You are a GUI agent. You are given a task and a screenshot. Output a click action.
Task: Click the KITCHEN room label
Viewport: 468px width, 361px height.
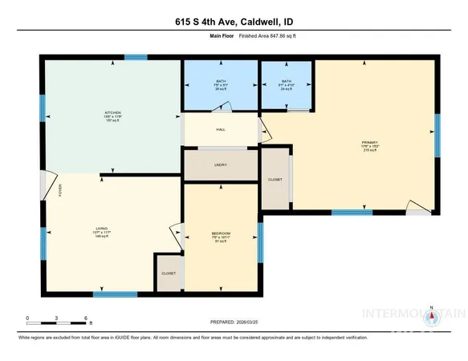click(112, 113)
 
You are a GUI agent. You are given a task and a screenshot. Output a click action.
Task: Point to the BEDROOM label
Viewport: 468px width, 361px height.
click(222, 233)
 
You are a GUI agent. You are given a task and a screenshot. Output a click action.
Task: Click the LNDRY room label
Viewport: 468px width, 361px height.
click(221, 165)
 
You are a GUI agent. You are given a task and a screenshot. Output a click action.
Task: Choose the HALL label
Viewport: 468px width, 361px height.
click(220, 129)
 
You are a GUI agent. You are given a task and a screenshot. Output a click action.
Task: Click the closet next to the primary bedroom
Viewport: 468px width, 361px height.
click(275, 180)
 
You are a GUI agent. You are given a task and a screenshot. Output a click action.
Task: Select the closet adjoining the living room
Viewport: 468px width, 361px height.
click(169, 273)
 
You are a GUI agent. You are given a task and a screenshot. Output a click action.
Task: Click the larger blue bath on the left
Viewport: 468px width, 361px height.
click(219, 84)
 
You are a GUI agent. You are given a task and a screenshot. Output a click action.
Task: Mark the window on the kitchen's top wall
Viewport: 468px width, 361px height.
click(136, 57)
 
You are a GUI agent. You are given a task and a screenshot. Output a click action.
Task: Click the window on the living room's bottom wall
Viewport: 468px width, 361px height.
click(108, 294)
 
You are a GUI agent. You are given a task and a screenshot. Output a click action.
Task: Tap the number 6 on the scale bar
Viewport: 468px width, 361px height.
click(85, 318)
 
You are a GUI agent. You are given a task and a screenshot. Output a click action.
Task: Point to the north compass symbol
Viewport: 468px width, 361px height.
click(432, 318)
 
